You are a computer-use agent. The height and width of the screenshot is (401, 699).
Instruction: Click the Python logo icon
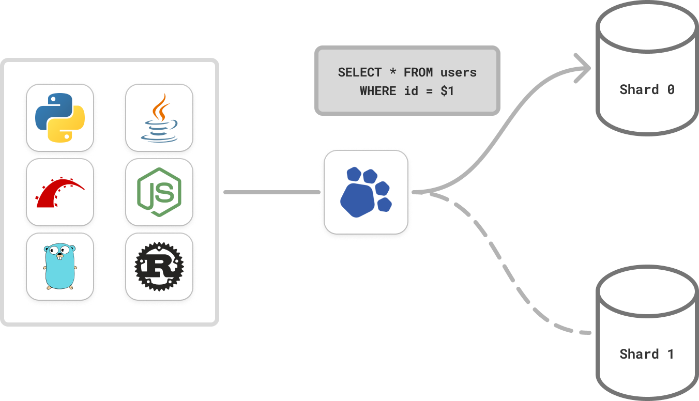click(x=60, y=118)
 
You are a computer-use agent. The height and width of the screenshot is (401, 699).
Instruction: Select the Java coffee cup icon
click(x=159, y=118)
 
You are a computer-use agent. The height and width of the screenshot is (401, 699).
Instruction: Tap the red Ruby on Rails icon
click(x=60, y=192)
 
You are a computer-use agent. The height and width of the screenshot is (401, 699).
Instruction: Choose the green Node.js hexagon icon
click(x=159, y=192)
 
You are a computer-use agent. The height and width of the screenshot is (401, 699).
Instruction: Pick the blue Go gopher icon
click(x=60, y=267)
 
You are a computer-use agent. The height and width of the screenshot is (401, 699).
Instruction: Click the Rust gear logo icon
click(x=159, y=267)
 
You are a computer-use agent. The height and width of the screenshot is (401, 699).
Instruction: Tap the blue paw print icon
click(x=366, y=191)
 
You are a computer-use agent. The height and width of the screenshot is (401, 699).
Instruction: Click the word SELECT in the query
click(x=360, y=72)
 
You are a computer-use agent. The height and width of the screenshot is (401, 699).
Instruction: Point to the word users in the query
click(x=459, y=72)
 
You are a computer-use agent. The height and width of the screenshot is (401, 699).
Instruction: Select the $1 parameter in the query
click(x=447, y=91)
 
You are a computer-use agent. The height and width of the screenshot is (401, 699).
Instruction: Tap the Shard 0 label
click(x=647, y=89)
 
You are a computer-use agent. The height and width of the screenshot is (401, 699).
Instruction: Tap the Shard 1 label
click(x=647, y=354)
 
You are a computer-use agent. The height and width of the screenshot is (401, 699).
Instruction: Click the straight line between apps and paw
click(x=271, y=192)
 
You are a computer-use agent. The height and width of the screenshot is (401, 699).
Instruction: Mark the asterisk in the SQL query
click(x=393, y=72)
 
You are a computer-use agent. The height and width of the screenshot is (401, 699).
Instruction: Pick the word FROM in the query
click(x=418, y=72)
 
